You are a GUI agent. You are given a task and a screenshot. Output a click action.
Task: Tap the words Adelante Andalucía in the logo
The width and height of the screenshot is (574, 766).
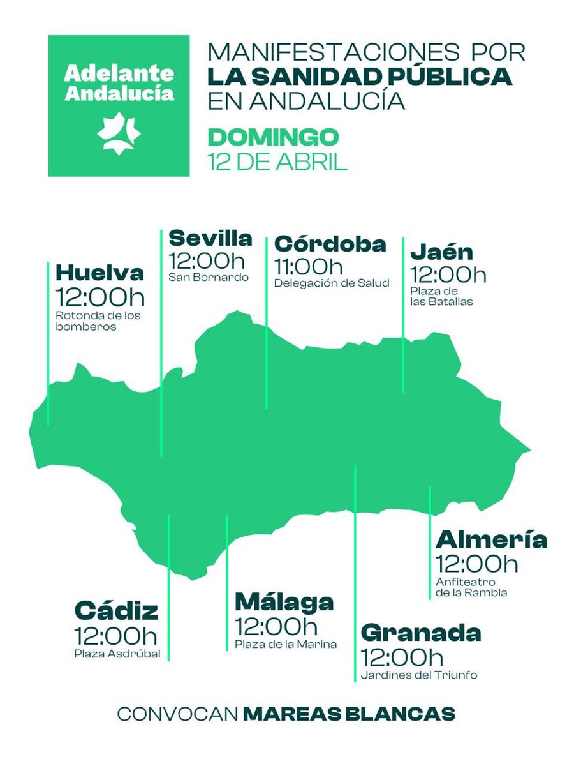119,82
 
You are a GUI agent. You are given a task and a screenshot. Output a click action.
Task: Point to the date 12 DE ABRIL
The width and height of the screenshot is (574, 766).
277,161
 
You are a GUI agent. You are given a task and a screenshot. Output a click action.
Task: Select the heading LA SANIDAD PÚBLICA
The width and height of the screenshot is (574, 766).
360,77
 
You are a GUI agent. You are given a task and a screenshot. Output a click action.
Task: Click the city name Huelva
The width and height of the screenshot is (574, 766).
99,273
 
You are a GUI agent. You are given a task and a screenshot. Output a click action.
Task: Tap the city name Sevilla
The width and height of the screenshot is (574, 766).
210,239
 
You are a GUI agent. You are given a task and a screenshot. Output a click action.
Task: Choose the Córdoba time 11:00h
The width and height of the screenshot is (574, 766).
308,266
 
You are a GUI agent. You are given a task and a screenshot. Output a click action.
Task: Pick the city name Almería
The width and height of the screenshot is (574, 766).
491,540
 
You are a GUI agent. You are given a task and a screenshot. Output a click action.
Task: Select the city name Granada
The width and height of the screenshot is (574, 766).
421,633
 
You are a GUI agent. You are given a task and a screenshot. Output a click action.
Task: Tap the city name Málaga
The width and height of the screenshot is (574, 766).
284,602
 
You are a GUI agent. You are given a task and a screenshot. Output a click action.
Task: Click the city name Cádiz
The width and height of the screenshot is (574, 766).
116,611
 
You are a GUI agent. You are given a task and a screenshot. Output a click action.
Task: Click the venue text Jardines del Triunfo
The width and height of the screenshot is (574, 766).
419,675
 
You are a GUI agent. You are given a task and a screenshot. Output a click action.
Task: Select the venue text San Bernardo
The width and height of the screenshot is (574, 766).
208,278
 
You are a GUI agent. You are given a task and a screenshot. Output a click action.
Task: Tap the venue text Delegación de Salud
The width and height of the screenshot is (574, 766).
331,283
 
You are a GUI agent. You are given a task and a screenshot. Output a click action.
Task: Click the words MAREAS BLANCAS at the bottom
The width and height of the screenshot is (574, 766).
350,714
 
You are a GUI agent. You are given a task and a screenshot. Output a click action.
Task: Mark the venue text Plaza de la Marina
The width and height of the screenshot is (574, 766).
285,644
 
